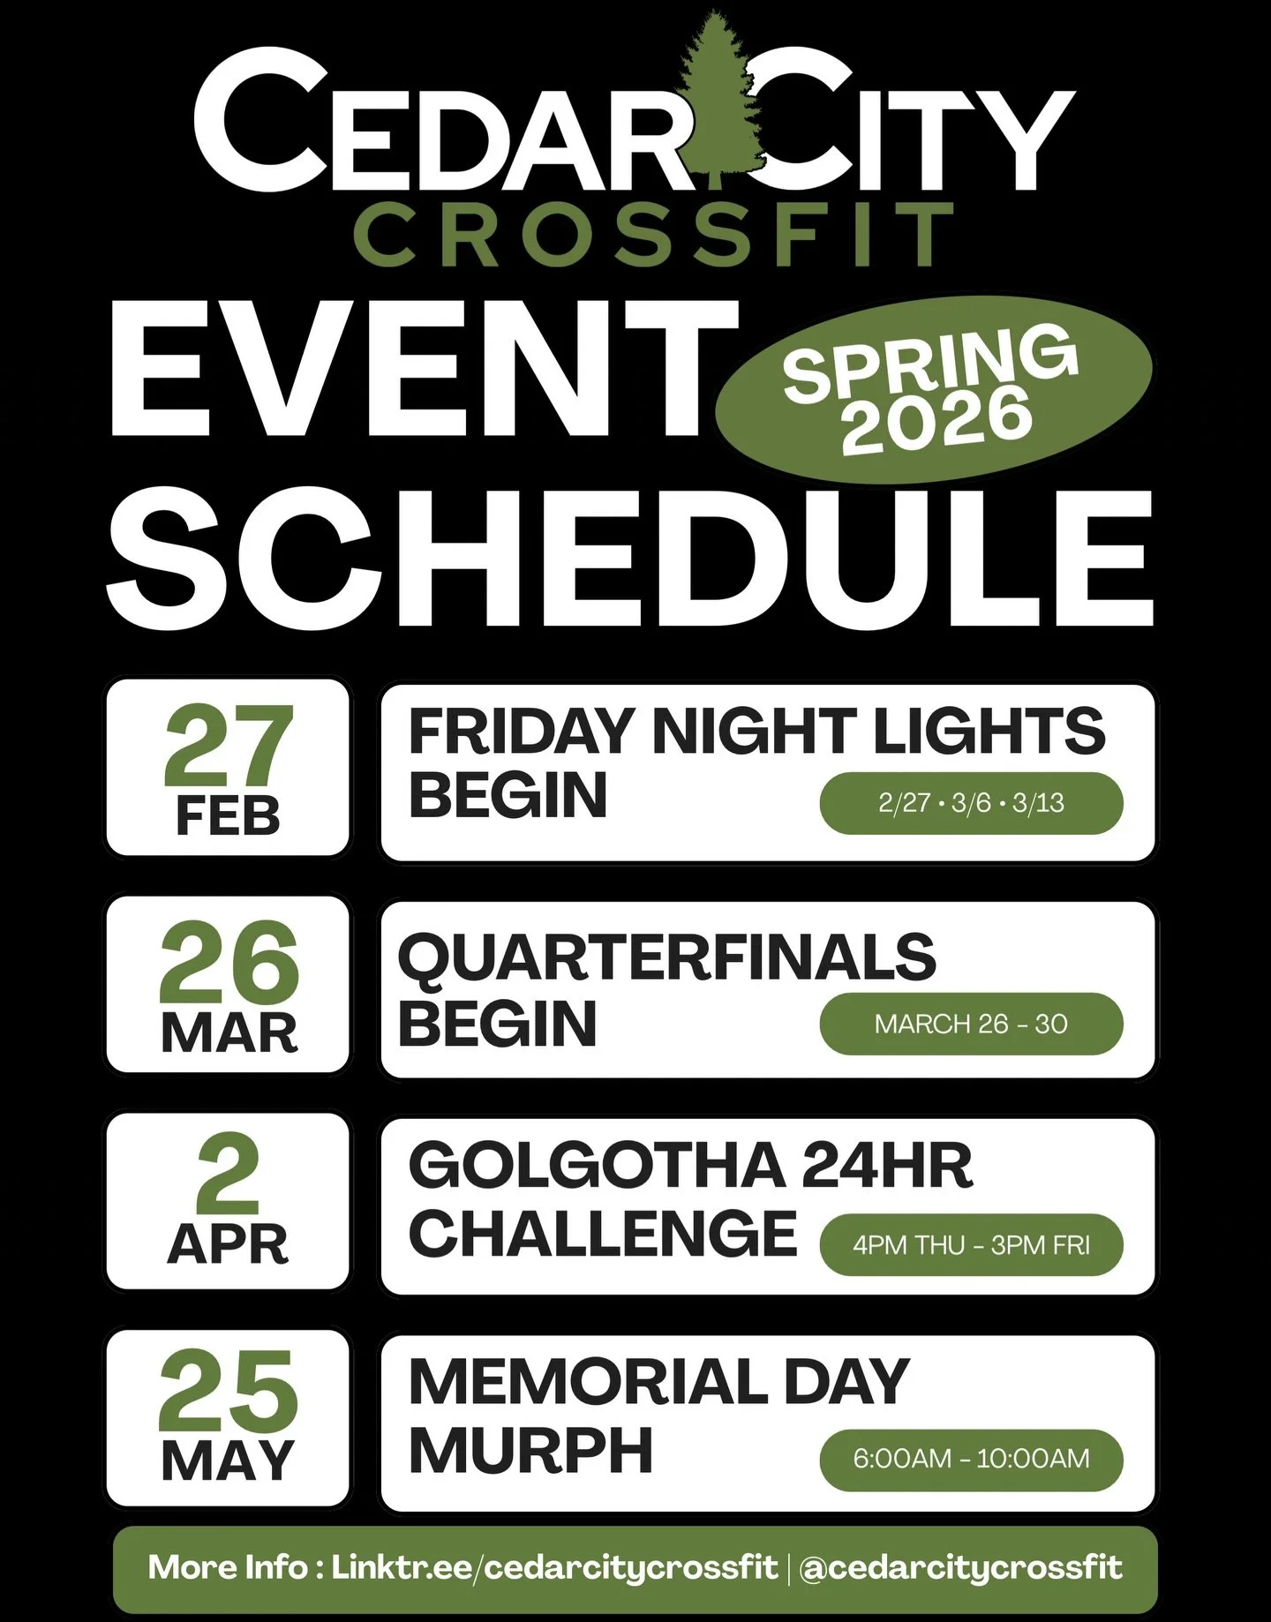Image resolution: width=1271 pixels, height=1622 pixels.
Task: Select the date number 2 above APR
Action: pyautogui.click(x=228, y=1174)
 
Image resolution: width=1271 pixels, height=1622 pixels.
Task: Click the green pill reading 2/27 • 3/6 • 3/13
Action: pyautogui.click(x=971, y=803)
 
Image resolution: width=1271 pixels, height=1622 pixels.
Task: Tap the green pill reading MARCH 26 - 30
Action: pyautogui.click(x=971, y=1024)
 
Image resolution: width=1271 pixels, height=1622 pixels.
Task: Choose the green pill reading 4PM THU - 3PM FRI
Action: pyautogui.click(x=971, y=1245)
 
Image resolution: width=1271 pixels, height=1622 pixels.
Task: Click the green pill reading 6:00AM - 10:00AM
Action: pyautogui.click(x=971, y=1459)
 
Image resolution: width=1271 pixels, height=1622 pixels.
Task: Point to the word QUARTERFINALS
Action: pyautogui.click(x=666, y=957)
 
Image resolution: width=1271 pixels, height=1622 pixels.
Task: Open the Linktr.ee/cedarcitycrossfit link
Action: pyautogui.click(x=554, y=1567)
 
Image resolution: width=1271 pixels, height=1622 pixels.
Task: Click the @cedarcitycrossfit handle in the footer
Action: pyautogui.click(x=960, y=1567)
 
